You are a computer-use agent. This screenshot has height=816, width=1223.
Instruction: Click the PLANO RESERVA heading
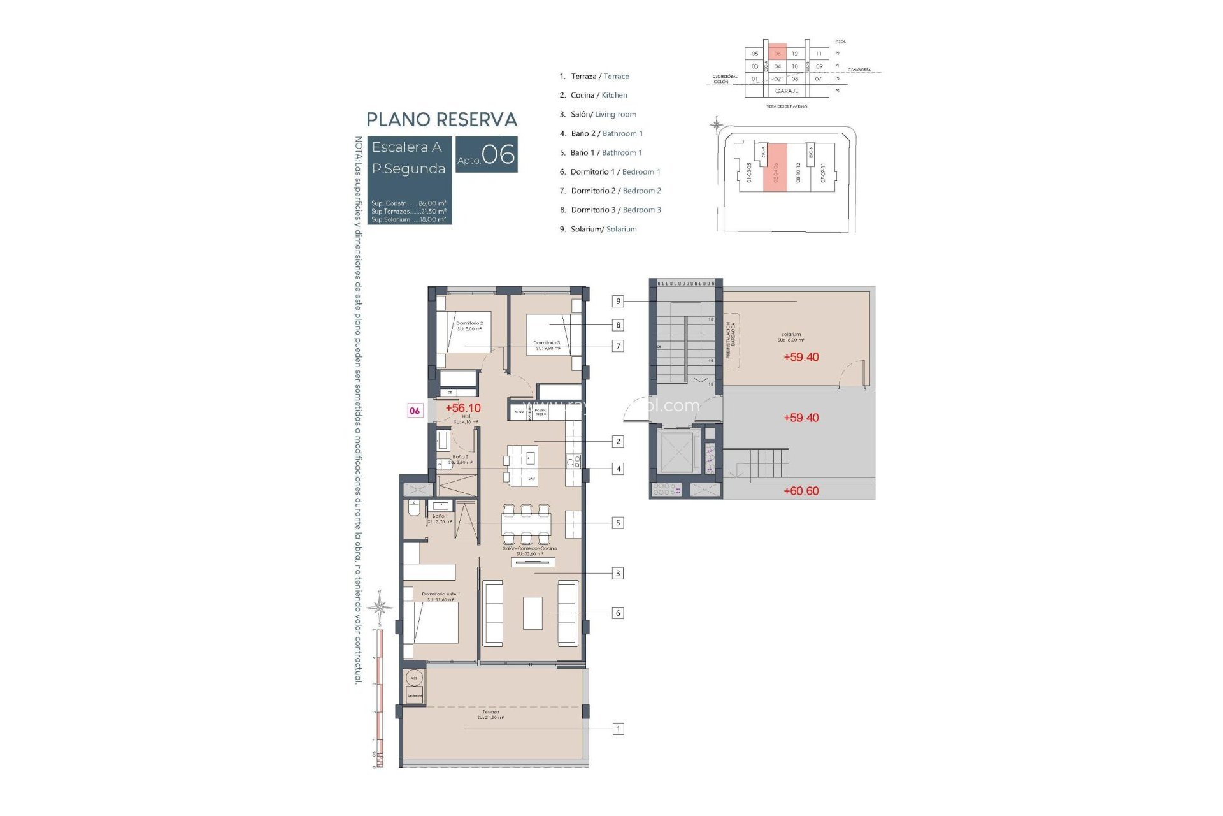(441, 120)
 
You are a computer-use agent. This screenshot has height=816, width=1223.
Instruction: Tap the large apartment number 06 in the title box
(498, 154)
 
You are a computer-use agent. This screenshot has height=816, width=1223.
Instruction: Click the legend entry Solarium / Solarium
(603, 229)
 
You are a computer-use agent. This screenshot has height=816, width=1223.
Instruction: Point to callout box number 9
(618, 301)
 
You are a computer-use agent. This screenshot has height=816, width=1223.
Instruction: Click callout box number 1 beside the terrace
(618, 729)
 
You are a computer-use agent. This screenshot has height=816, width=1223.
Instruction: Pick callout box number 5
(617, 523)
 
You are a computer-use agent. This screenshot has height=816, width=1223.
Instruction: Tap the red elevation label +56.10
(463, 408)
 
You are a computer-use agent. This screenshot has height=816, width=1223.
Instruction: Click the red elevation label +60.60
(801, 491)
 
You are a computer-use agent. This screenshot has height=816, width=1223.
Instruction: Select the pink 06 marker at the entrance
(415, 411)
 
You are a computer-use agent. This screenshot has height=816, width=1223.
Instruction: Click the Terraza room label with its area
(490, 715)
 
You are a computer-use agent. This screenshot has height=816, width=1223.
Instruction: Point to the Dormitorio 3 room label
(547, 346)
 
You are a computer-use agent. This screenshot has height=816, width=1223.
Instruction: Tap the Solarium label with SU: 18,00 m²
(790, 337)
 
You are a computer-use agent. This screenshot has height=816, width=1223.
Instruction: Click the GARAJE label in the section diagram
(787, 91)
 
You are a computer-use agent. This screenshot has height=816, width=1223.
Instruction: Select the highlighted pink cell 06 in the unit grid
(777, 54)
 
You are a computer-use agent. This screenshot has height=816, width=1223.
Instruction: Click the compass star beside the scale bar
(380, 607)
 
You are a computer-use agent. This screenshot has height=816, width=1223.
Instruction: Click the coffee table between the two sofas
(533, 613)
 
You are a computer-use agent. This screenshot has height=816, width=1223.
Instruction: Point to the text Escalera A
(406, 147)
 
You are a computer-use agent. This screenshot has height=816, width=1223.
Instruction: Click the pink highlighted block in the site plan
(775, 167)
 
